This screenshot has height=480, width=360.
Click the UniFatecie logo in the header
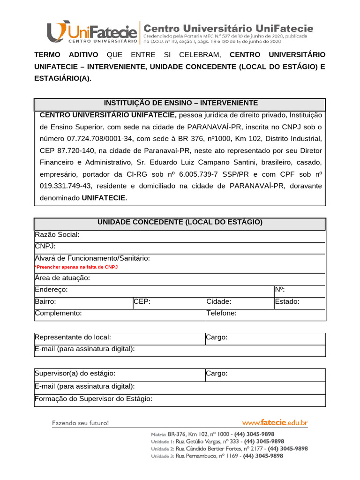[92, 32]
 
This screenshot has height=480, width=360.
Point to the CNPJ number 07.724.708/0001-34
[100, 139]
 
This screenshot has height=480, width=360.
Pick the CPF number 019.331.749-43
[64, 186]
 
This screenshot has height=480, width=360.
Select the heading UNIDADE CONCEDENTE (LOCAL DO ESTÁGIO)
[180, 222]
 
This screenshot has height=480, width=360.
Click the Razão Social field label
[57, 234]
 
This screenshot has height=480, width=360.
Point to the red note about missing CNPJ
[76, 267]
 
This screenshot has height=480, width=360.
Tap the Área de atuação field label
[62, 278]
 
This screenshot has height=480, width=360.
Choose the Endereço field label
[52, 290]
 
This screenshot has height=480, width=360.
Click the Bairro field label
[45, 301]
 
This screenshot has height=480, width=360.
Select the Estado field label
[287, 301]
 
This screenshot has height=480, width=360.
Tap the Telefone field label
[221, 313]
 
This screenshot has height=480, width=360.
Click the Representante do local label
[73, 337]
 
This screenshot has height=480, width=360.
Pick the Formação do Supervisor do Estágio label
[94, 399]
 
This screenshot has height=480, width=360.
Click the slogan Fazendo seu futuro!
[80, 423]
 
